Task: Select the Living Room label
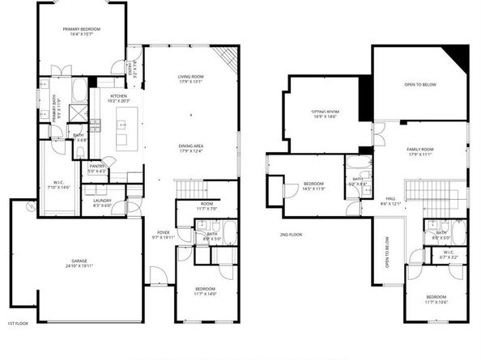(x=190, y=78)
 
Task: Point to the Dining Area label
(x=190, y=148)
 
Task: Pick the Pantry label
(x=98, y=167)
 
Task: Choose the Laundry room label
(x=103, y=203)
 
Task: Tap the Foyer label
(x=163, y=235)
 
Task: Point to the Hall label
(x=390, y=201)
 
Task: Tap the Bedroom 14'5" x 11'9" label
(x=313, y=187)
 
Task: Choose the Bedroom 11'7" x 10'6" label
(x=436, y=300)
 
